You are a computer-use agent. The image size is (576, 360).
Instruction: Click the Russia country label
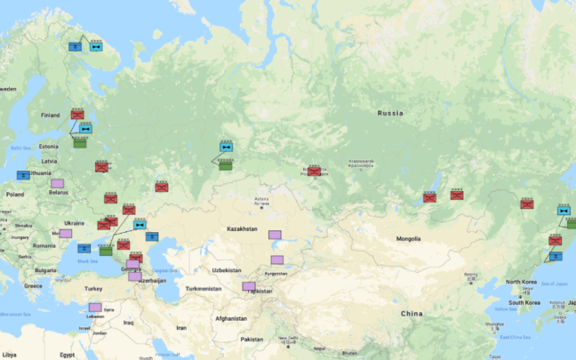coord(390,113)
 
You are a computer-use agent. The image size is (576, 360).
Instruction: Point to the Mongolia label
coord(408,238)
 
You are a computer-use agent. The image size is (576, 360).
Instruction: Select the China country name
coord(412,314)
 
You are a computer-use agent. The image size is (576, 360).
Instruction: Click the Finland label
coord(51,115)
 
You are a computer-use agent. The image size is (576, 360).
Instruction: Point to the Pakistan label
coord(252,339)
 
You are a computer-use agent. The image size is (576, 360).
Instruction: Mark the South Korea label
coord(526,302)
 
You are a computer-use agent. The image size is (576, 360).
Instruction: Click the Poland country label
coord(15,193)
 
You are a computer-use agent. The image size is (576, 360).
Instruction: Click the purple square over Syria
coord(95,308)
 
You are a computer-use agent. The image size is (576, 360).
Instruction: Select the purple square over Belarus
coord(57,184)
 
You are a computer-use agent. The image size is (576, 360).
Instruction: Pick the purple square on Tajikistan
coord(249,286)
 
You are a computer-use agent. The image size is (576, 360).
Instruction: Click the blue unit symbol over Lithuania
coord(23,174)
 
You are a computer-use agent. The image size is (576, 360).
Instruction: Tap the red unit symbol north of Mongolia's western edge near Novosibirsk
coord(314,171)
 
